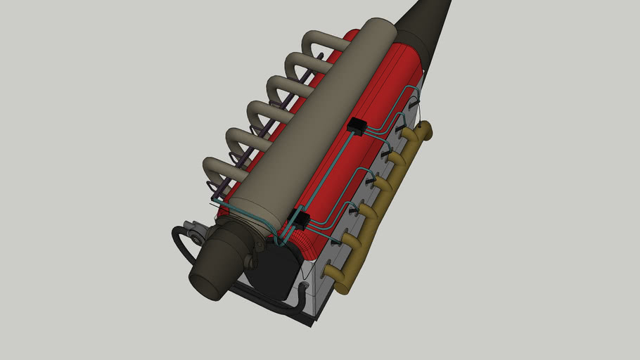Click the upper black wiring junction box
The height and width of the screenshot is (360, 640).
pyautogui.click(x=357, y=127)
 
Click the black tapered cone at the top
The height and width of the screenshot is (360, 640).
pyautogui.click(x=425, y=21)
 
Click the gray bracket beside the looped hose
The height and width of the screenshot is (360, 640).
pyautogui.click(x=191, y=231)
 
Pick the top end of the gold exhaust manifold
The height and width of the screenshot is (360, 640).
pyautogui.click(x=424, y=131)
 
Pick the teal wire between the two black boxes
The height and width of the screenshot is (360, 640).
pyautogui.click(x=331, y=172)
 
